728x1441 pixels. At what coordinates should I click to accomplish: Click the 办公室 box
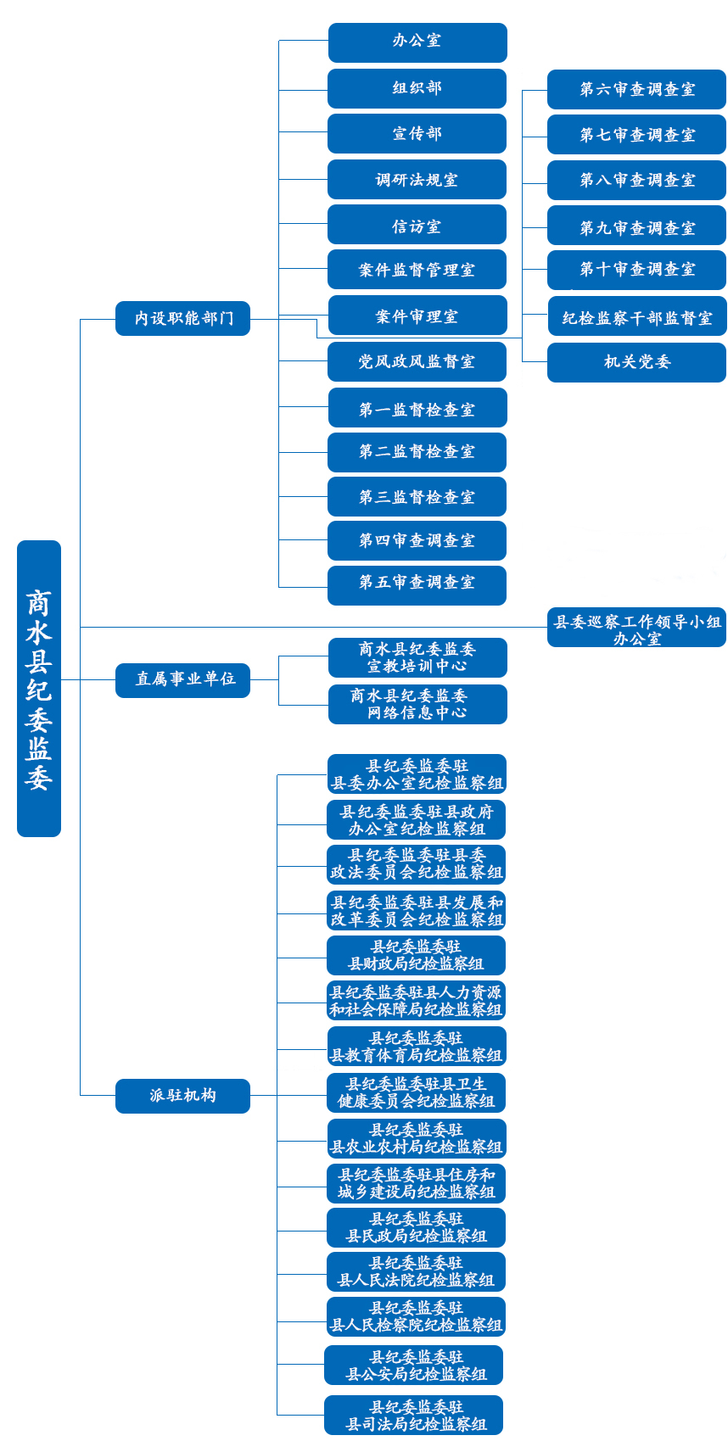(417, 42)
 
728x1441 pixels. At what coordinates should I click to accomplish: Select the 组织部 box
(417, 89)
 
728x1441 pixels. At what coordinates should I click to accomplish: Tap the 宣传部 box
(417, 134)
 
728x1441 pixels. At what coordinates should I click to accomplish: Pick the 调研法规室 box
(417, 180)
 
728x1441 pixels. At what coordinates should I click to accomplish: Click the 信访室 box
(417, 225)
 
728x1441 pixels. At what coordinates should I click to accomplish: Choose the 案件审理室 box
(417, 316)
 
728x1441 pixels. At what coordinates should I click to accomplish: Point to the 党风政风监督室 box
(417, 361)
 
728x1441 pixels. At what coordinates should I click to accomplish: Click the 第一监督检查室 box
(417, 408)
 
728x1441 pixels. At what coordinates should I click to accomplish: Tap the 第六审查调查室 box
(636, 89)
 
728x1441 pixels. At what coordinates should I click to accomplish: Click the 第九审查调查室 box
(636, 225)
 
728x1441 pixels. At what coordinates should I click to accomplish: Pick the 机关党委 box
(636, 363)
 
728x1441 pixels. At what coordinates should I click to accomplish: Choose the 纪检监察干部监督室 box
(637, 316)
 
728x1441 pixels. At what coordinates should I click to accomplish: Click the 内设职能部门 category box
(182, 318)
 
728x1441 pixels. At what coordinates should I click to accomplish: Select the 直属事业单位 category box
(182, 680)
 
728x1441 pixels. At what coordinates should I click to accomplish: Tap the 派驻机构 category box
(182, 1096)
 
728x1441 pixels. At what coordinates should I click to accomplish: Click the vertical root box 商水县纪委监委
(39, 689)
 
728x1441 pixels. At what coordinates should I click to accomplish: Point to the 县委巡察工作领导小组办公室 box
(636, 628)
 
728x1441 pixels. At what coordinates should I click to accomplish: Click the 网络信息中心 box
(417, 705)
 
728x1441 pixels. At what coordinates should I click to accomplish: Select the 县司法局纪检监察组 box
(414, 1415)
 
